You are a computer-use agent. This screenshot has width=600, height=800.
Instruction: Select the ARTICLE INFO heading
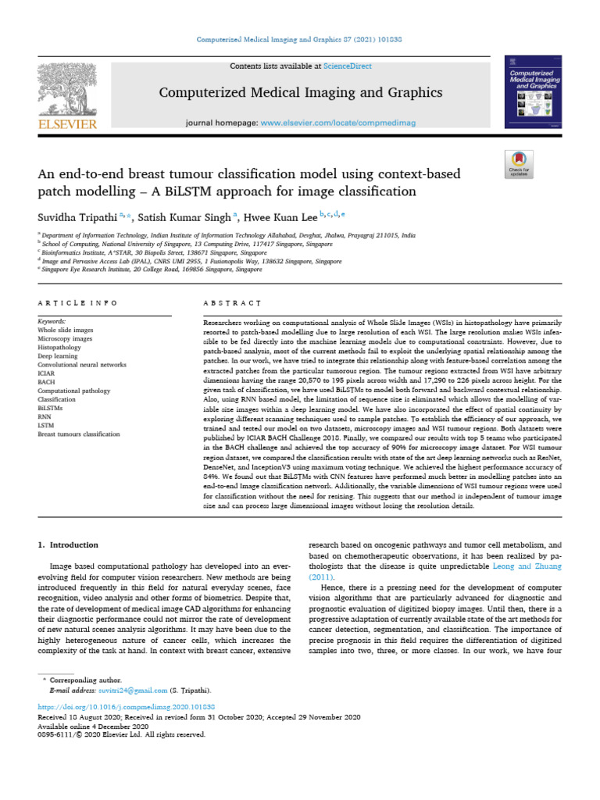(78, 302)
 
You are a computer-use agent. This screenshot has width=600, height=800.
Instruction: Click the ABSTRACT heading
(227, 302)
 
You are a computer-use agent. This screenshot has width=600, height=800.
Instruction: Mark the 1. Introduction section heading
(69, 544)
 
